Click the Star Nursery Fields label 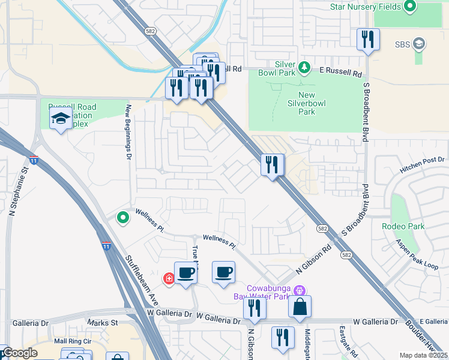[x=366, y=7]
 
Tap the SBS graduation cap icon [x=419, y=44]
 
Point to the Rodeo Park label [x=403, y=226]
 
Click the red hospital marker [x=169, y=278]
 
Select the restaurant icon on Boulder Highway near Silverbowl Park [x=273, y=164]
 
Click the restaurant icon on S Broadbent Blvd [x=367, y=40]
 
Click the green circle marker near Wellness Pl [x=123, y=217]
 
